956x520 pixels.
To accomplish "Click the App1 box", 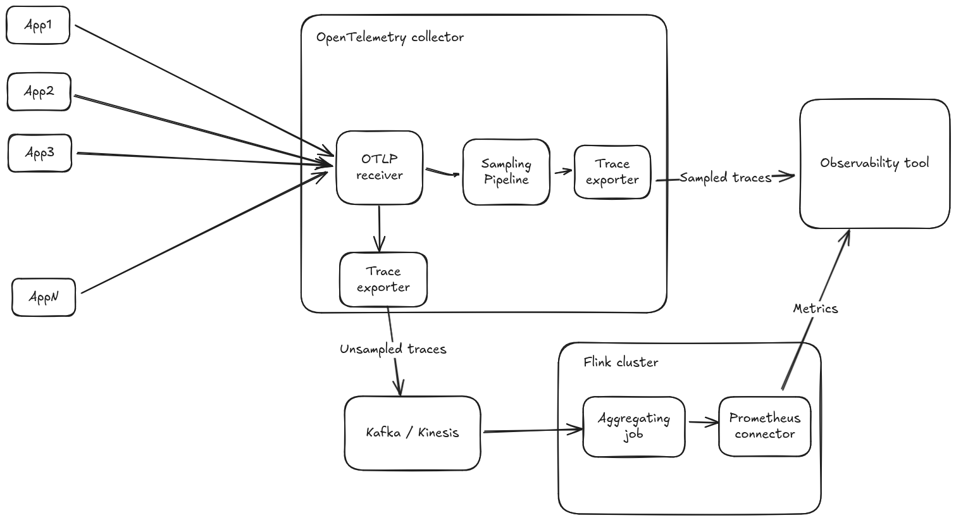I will pyautogui.click(x=38, y=26).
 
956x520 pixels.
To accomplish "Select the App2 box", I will pyautogui.click(x=39, y=92).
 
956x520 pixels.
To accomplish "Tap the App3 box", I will pyautogui.click(x=40, y=152).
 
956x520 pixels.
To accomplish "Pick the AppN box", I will pyautogui.click(x=44, y=297).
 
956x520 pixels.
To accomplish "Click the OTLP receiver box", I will pyautogui.click(x=379, y=168).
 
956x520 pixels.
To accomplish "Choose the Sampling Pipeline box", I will pyautogui.click(x=506, y=172).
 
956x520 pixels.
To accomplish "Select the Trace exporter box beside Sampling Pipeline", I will pyautogui.click(x=612, y=172).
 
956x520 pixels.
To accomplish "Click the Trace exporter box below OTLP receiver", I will pyautogui.click(x=383, y=280).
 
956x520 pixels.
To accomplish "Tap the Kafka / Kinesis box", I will pyautogui.click(x=413, y=433).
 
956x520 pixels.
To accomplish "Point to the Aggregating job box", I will pyautogui.click(x=633, y=426).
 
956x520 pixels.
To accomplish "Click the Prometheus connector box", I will pyautogui.click(x=764, y=426).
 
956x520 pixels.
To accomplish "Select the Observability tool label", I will pyautogui.click(x=874, y=163).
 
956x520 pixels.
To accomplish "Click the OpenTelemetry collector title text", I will pyautogui.click(x=390, y=37).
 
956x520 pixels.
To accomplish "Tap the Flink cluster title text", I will pyautogui.click(x=621, y=362).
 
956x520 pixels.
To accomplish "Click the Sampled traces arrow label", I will pyautogui.click(x=725, y=178).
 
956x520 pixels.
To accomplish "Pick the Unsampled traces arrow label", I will pyautogui.click(x=393, y=349).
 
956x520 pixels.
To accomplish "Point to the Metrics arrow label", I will pyautogui.click(x=815, y=309).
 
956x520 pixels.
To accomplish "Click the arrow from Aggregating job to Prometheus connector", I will pyautogui.click(x=702, y=423).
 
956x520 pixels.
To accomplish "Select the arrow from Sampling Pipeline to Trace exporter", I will pyautogui.click(x=562, y=171).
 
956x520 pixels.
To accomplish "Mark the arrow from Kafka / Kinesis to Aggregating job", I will pyautogui.click(x=531, y=431).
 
